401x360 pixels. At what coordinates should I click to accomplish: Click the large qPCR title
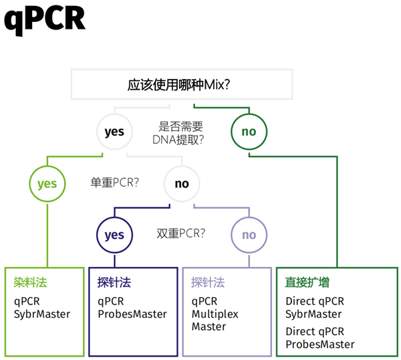[45, 19]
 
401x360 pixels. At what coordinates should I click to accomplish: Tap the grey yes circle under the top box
[114, 132]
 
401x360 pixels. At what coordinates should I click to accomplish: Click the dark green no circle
[249, 132]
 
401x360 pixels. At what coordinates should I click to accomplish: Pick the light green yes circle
[47, 183]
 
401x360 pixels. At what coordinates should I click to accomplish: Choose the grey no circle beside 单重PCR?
[182, 183]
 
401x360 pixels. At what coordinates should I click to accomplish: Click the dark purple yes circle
[114, 235]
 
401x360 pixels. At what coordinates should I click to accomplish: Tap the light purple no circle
[249, 235]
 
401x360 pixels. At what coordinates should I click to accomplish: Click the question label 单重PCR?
[114, 183]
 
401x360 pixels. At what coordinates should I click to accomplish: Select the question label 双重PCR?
[180, 234]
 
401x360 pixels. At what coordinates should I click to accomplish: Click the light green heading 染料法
[31, 282]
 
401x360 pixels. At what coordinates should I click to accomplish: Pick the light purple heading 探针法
[208, 282]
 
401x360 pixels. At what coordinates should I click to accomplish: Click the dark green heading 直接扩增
[307, 282]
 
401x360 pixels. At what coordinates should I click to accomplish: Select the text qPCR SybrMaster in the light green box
[42, 308]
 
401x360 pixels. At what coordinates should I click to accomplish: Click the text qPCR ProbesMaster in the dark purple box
[132, 308]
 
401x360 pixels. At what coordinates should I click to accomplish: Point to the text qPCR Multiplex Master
[215, 314]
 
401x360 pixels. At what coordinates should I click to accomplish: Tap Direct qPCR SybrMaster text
[315, 308]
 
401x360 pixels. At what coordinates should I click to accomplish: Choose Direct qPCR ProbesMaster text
[319, 338]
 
